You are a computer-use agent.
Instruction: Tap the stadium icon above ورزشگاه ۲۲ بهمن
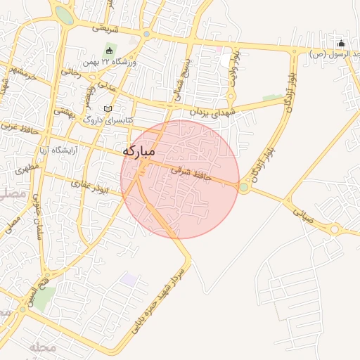click(x=109, y=51)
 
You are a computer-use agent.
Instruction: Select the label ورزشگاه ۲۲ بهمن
click(x=108, y=63)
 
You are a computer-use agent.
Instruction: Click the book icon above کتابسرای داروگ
click(x=108, y=109)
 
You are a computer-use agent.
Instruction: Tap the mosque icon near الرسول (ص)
click(x=341, y=42)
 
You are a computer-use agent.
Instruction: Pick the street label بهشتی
click(x=65, y=111)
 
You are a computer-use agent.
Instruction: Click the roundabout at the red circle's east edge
click(x=244, y=188)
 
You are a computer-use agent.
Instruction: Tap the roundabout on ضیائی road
click(x=335, y=229)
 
